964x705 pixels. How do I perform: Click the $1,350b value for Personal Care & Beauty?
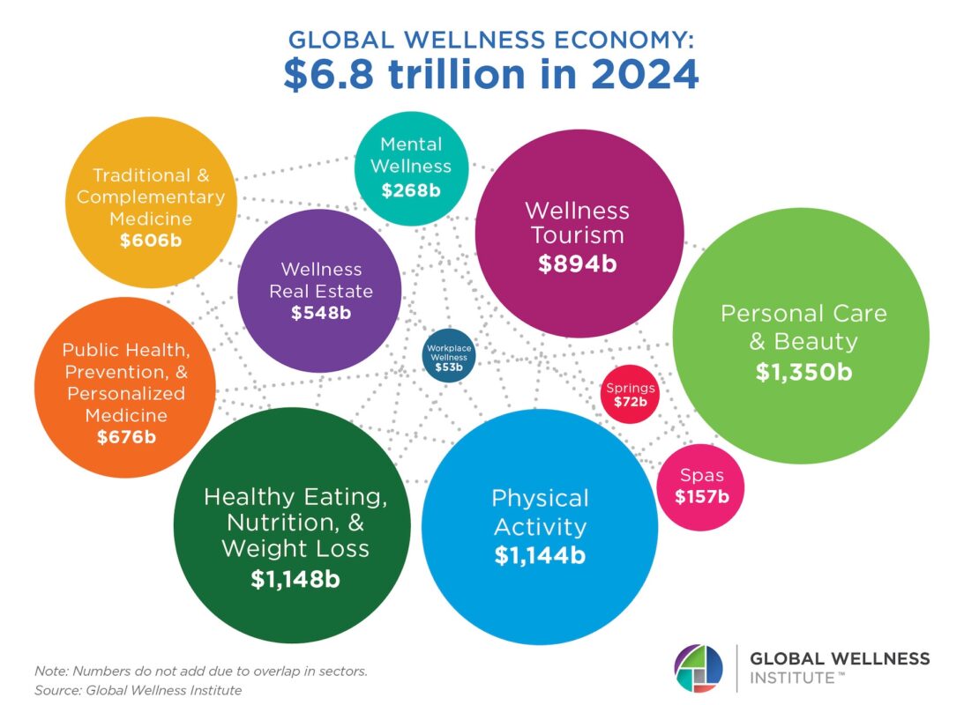tap(803, 372)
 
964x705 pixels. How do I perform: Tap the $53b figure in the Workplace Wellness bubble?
tap(449, 367)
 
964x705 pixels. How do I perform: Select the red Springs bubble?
tap(630, 395)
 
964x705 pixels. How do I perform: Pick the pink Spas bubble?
tap(702, 487)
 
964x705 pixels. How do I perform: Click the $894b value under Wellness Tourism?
tap(578, 263)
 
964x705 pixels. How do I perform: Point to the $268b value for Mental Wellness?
tap(411, 189)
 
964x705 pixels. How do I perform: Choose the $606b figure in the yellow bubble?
tap(151, 239)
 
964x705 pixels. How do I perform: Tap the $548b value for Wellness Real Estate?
tap(321, 312)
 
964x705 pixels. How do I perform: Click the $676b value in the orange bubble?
tap(125, 436)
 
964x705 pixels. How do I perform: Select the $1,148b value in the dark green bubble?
tap(295, 579)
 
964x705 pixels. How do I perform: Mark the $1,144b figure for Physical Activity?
tap(540, 555)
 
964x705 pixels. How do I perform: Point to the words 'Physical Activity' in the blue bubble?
tap(540, 512)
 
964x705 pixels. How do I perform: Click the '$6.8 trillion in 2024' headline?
tap(491, 74)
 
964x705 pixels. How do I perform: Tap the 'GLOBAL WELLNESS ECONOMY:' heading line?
tap(491, 40)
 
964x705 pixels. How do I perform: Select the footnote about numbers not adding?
tap(201, 671)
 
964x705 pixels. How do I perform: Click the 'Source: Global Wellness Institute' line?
tap(138, 690)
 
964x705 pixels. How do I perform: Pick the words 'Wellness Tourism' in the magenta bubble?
tap(578, 223)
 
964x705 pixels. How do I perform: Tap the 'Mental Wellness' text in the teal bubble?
tap(411, 154)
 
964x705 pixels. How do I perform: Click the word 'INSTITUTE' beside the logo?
tap(790, 678)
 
